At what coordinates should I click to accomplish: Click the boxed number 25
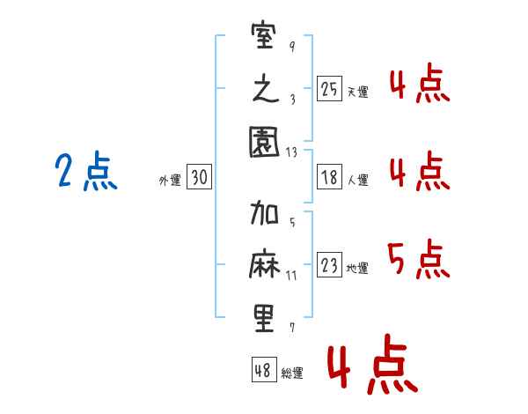coord(329,88)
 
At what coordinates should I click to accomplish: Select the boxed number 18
coord(329,177)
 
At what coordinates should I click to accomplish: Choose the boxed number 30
coord(199,177)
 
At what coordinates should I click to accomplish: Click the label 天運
coord(357,92)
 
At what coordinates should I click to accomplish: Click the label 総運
coord(292,373)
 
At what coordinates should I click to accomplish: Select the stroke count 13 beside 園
coord(292,152)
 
